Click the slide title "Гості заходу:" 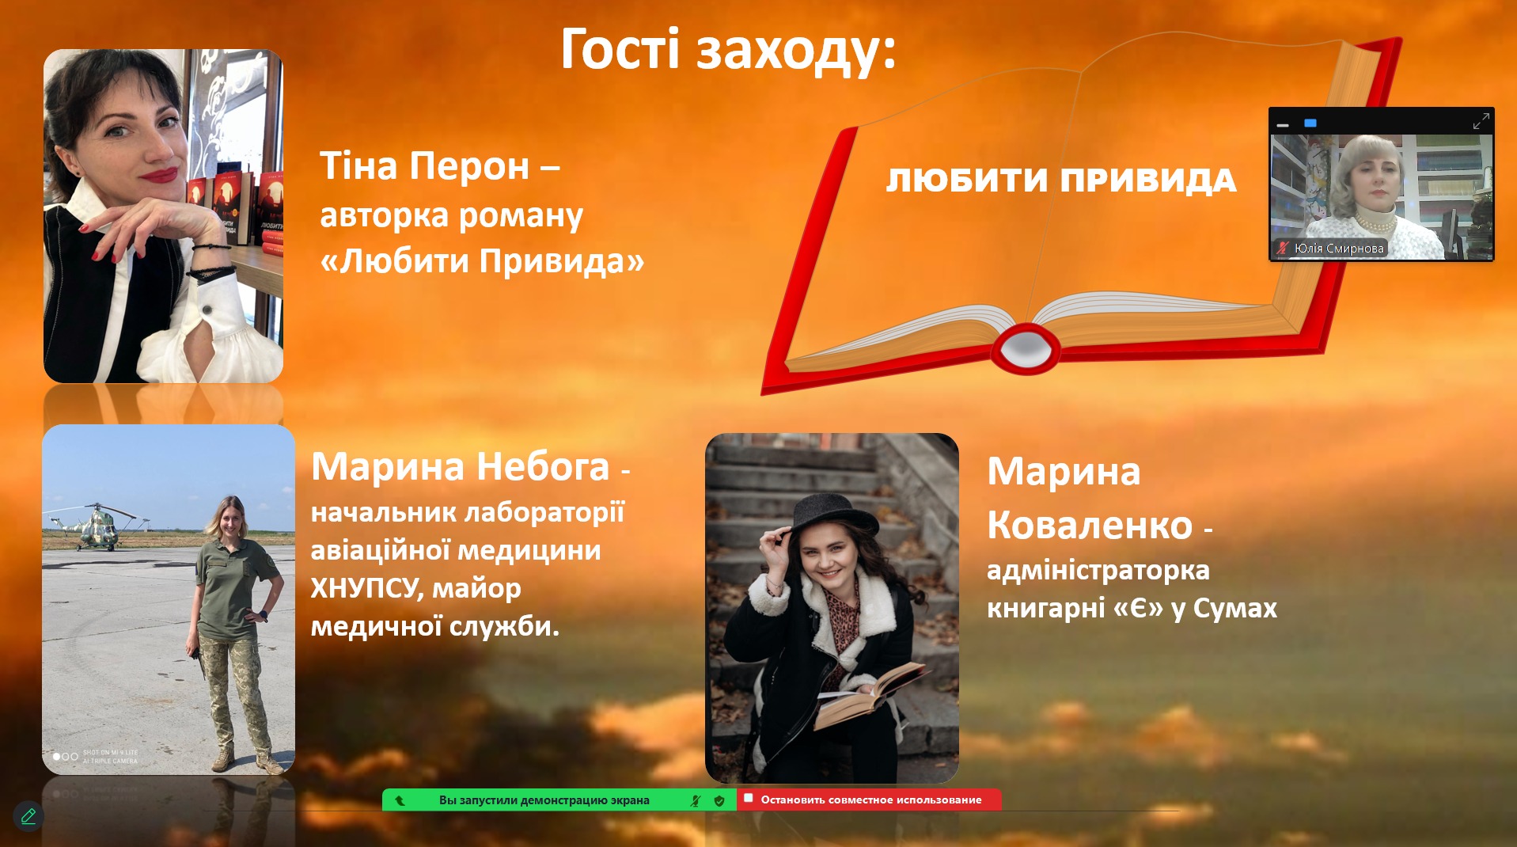pos(728,50)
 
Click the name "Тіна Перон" pos(424,166)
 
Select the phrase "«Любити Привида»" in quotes pos(482,260)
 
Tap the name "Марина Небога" pos(460,466)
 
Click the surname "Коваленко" pos(1090,525)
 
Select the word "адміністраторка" pos(1098,571)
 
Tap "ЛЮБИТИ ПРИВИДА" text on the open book pos(1060,180)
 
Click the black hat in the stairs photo pos(831,515)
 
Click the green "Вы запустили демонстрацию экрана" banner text pos(544,800)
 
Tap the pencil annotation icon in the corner pos(28,815)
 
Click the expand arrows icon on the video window pos(1481,121)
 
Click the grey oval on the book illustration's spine pos(1026,347)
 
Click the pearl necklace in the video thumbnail pos(1375,221)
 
